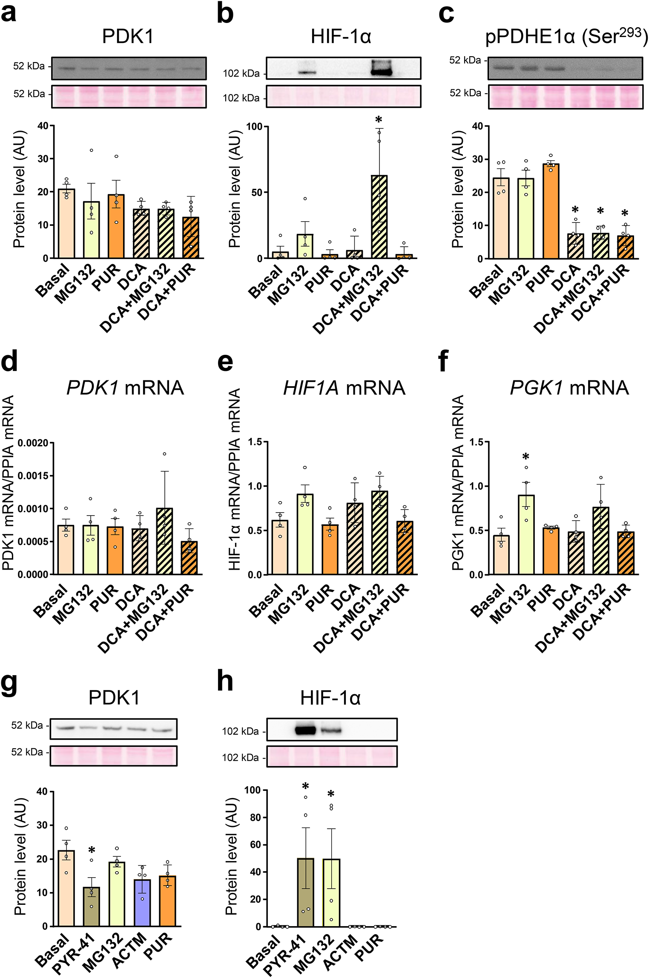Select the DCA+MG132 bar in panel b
tap(379, 217)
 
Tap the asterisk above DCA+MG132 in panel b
tap(379, 120)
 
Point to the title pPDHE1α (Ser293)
tap(566, 37)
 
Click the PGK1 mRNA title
tap(569, 388)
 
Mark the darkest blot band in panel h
tap(306, 731)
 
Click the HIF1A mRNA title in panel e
tap(344, 388)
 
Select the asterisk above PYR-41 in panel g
tap(92, 850)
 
